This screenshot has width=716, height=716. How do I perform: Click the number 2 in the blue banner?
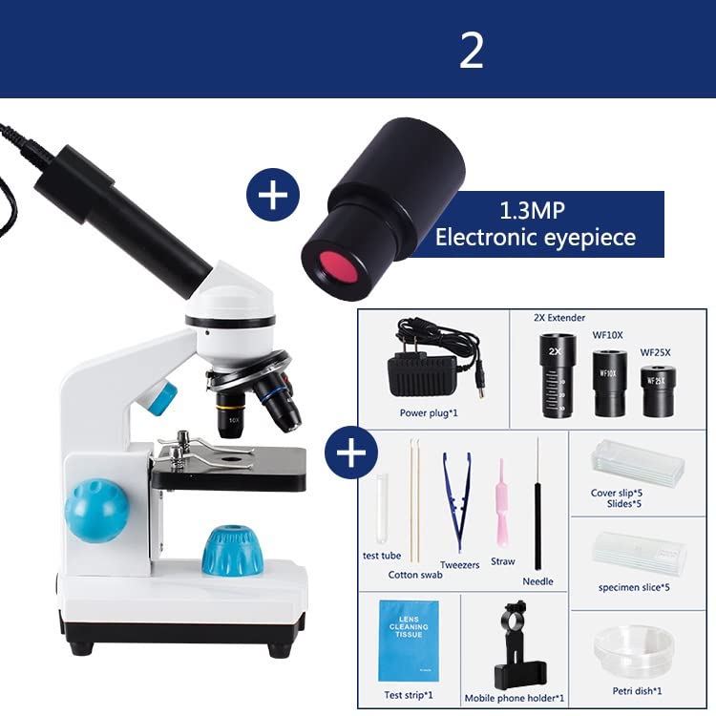(472, 50)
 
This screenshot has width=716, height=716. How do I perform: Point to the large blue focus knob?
(96, 510)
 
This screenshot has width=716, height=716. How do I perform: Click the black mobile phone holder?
(513, 643)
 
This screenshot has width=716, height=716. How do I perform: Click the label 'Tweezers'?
(460, 565)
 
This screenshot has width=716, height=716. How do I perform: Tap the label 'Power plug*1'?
(428, 412)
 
